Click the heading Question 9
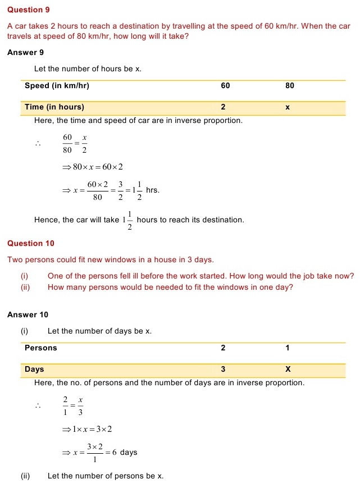tap(25, 10)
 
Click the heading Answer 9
tap(26, 52)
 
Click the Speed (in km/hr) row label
tap(57, 86)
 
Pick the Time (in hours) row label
tap(54, 107)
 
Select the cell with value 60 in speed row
tap(226, 86)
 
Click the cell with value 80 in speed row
tap(290, 86)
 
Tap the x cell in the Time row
tap(288, 107)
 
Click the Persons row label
tap(41, 348)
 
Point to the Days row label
tap(34, 369)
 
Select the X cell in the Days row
tap(288, 370)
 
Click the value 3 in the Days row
tap(223, 370)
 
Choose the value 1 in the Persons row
tap(288, 348)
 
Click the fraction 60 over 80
tap(68, 143)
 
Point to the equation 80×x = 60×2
tap(93, 167)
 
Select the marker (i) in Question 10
tap(24, 276)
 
